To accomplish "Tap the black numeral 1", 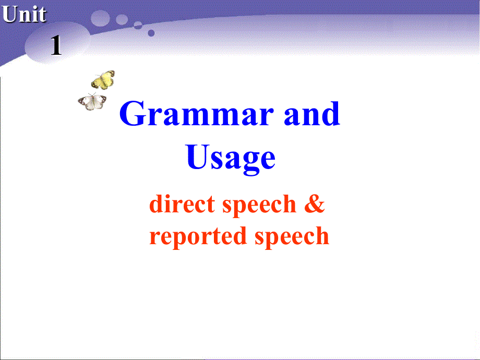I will (56, 46).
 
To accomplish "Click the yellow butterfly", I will (103, 80).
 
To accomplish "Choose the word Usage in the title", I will (231, 158).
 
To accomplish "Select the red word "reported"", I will (198, 236).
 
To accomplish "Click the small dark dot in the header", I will (151, 32).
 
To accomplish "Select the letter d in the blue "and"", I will (329, 114).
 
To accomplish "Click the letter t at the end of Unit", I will (42, 15).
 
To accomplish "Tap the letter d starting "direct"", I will (155, 203).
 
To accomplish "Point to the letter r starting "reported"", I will (154, 237).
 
